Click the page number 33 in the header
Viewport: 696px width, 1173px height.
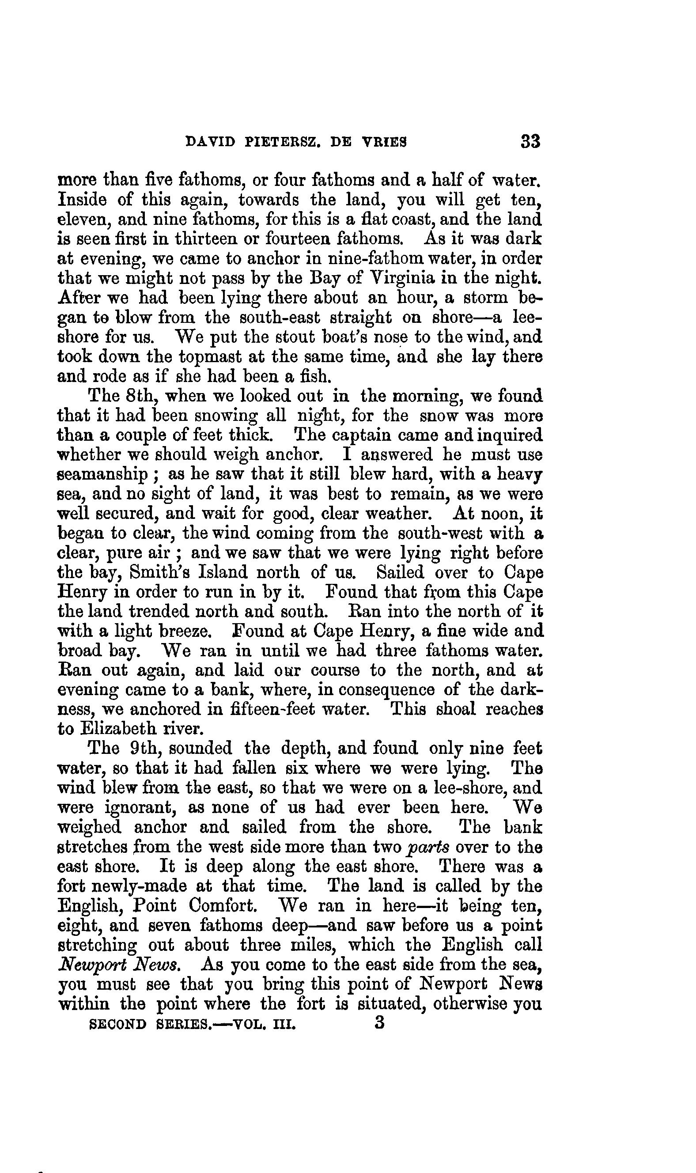(x=530, y=142)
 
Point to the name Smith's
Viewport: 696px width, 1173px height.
(x=159, y=573)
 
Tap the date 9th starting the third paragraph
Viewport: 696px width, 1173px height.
(x=142, y=749)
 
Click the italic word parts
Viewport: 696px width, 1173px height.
(x=429, y=847)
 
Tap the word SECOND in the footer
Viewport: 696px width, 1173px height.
(x=117, y=1024)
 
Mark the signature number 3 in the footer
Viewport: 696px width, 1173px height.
(x=380, y=1023)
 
